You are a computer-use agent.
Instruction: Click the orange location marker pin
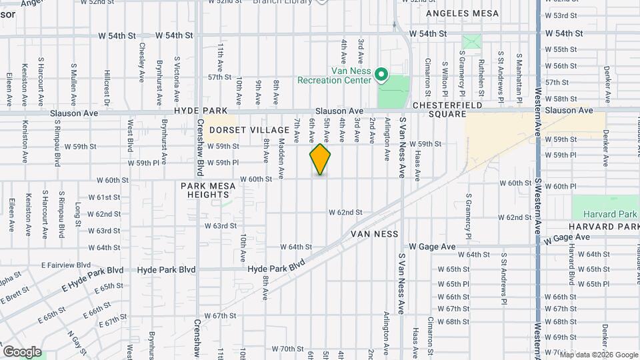tap(320, 159)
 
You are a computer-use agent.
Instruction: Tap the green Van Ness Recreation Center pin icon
tap(381, 74)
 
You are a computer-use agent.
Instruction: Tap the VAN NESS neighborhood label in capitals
tap(375, 234)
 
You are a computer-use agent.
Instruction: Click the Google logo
tap(22, 352)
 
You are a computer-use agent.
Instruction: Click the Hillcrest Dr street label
tap(106, 90)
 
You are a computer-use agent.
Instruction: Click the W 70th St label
tap(288, 349)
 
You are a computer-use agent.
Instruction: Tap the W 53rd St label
tap(560, 15)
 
